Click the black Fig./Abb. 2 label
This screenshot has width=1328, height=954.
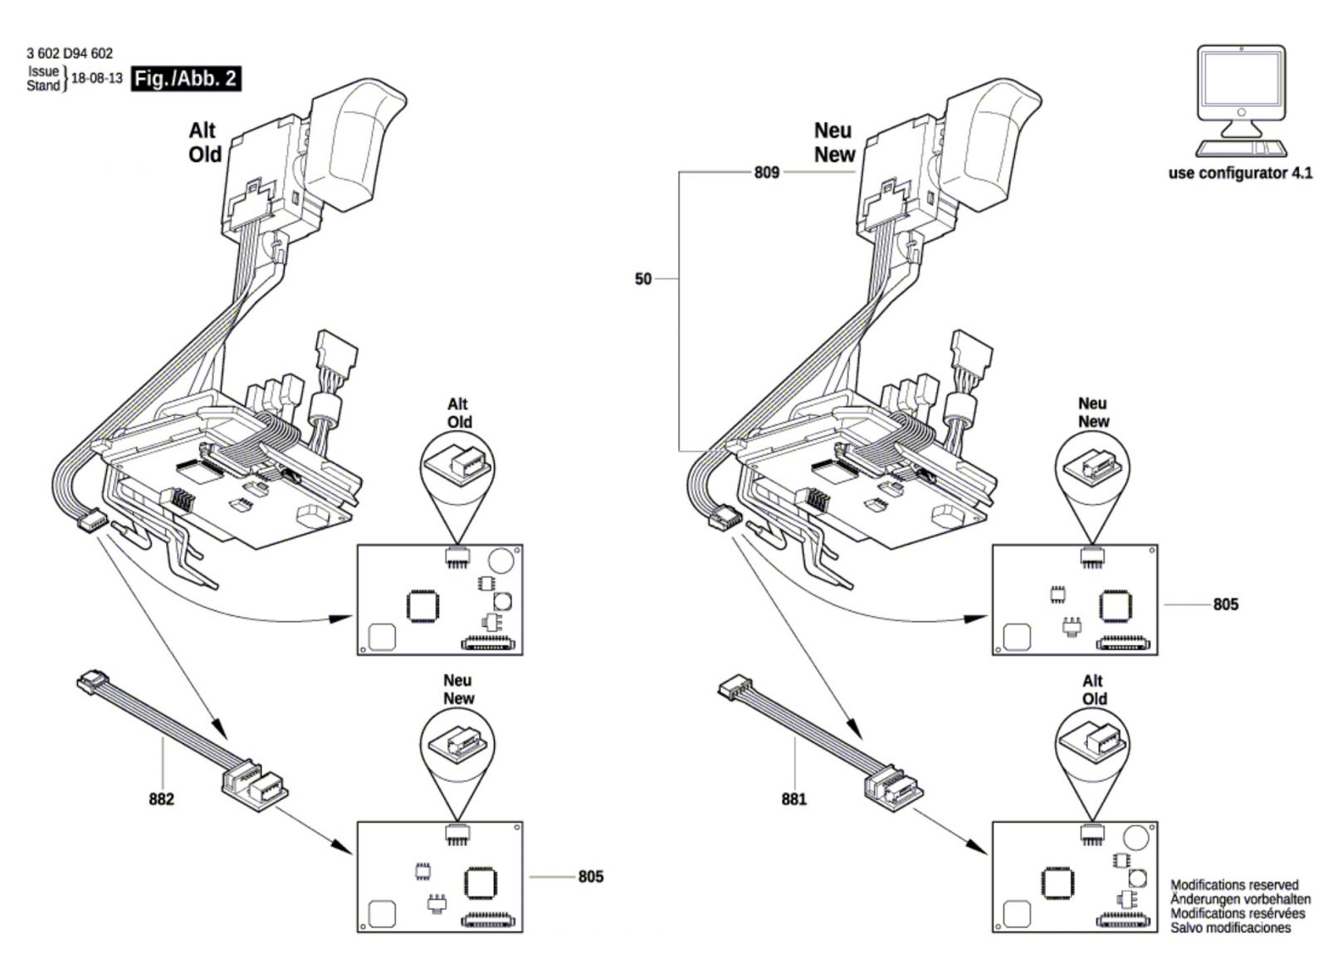point(186,78)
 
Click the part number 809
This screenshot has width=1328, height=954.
point(767,173)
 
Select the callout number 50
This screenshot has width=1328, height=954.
point(642,279)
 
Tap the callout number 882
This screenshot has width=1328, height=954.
point(161,800)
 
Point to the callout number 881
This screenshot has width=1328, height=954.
point(793,800)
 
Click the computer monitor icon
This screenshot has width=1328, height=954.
point(1241,100)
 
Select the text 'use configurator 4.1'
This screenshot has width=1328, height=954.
point(1240,174)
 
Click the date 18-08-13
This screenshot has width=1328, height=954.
point(96,78)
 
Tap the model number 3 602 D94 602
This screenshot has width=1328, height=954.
point(70,54)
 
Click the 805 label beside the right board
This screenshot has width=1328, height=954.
point(1225,604)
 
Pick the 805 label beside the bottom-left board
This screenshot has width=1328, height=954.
point(590,876)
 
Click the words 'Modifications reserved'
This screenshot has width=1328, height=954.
point(1234,885)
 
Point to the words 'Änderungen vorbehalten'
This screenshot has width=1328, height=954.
point(1240,899)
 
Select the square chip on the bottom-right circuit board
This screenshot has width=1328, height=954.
point(1056,883)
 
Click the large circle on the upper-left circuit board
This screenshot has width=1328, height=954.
point(501,560)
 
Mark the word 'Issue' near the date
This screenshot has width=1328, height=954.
point(43,71)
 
